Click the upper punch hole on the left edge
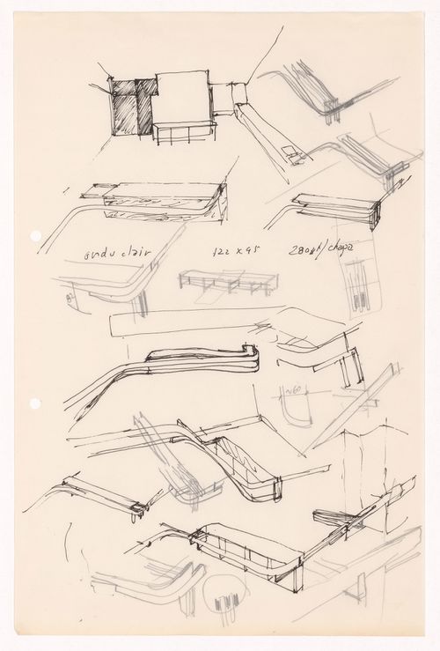click(x=34, y=236)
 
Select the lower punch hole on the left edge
click(x=34, y=403)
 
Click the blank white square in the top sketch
click(x=182, y=97)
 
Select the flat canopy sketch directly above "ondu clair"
click(x=158, y=197)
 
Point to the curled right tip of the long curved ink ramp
click(x=252, y=357)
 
